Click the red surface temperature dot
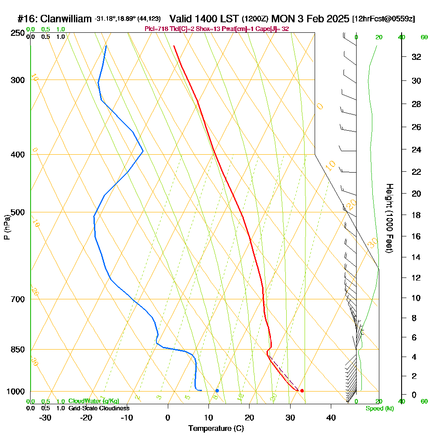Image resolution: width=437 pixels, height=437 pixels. [302, 391]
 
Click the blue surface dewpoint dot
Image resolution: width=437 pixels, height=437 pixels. [217, 391]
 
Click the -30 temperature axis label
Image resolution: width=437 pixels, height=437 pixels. [45, 418]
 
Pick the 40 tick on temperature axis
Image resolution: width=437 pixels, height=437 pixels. [331, 418]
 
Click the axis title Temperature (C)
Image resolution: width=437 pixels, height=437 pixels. [216, 429]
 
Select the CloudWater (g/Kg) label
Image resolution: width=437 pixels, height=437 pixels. [94, 401]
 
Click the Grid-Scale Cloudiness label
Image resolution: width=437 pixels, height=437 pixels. [99, 408]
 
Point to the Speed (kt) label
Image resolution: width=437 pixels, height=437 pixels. [380, 408]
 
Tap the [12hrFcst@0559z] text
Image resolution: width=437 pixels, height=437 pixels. [383, 19]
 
